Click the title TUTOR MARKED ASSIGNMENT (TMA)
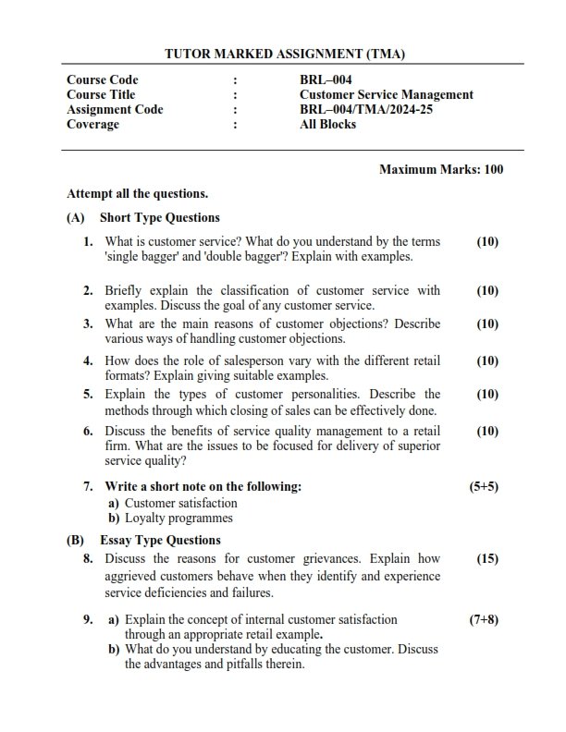pos(284,55)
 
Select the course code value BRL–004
pos(326,80)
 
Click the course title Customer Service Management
pos(387,95)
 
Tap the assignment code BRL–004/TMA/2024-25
pos(366,110)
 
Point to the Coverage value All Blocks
pos(327,125)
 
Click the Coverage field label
pos(92,125)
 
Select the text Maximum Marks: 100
pos(441,170)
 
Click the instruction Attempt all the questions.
pos(137,194)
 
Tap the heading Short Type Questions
pos(159,218)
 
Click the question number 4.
pos(88,360)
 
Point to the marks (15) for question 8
pos(487,559)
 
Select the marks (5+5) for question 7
pos(485,486)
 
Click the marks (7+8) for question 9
pos(485,620)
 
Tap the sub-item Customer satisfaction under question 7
pos(180,504)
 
